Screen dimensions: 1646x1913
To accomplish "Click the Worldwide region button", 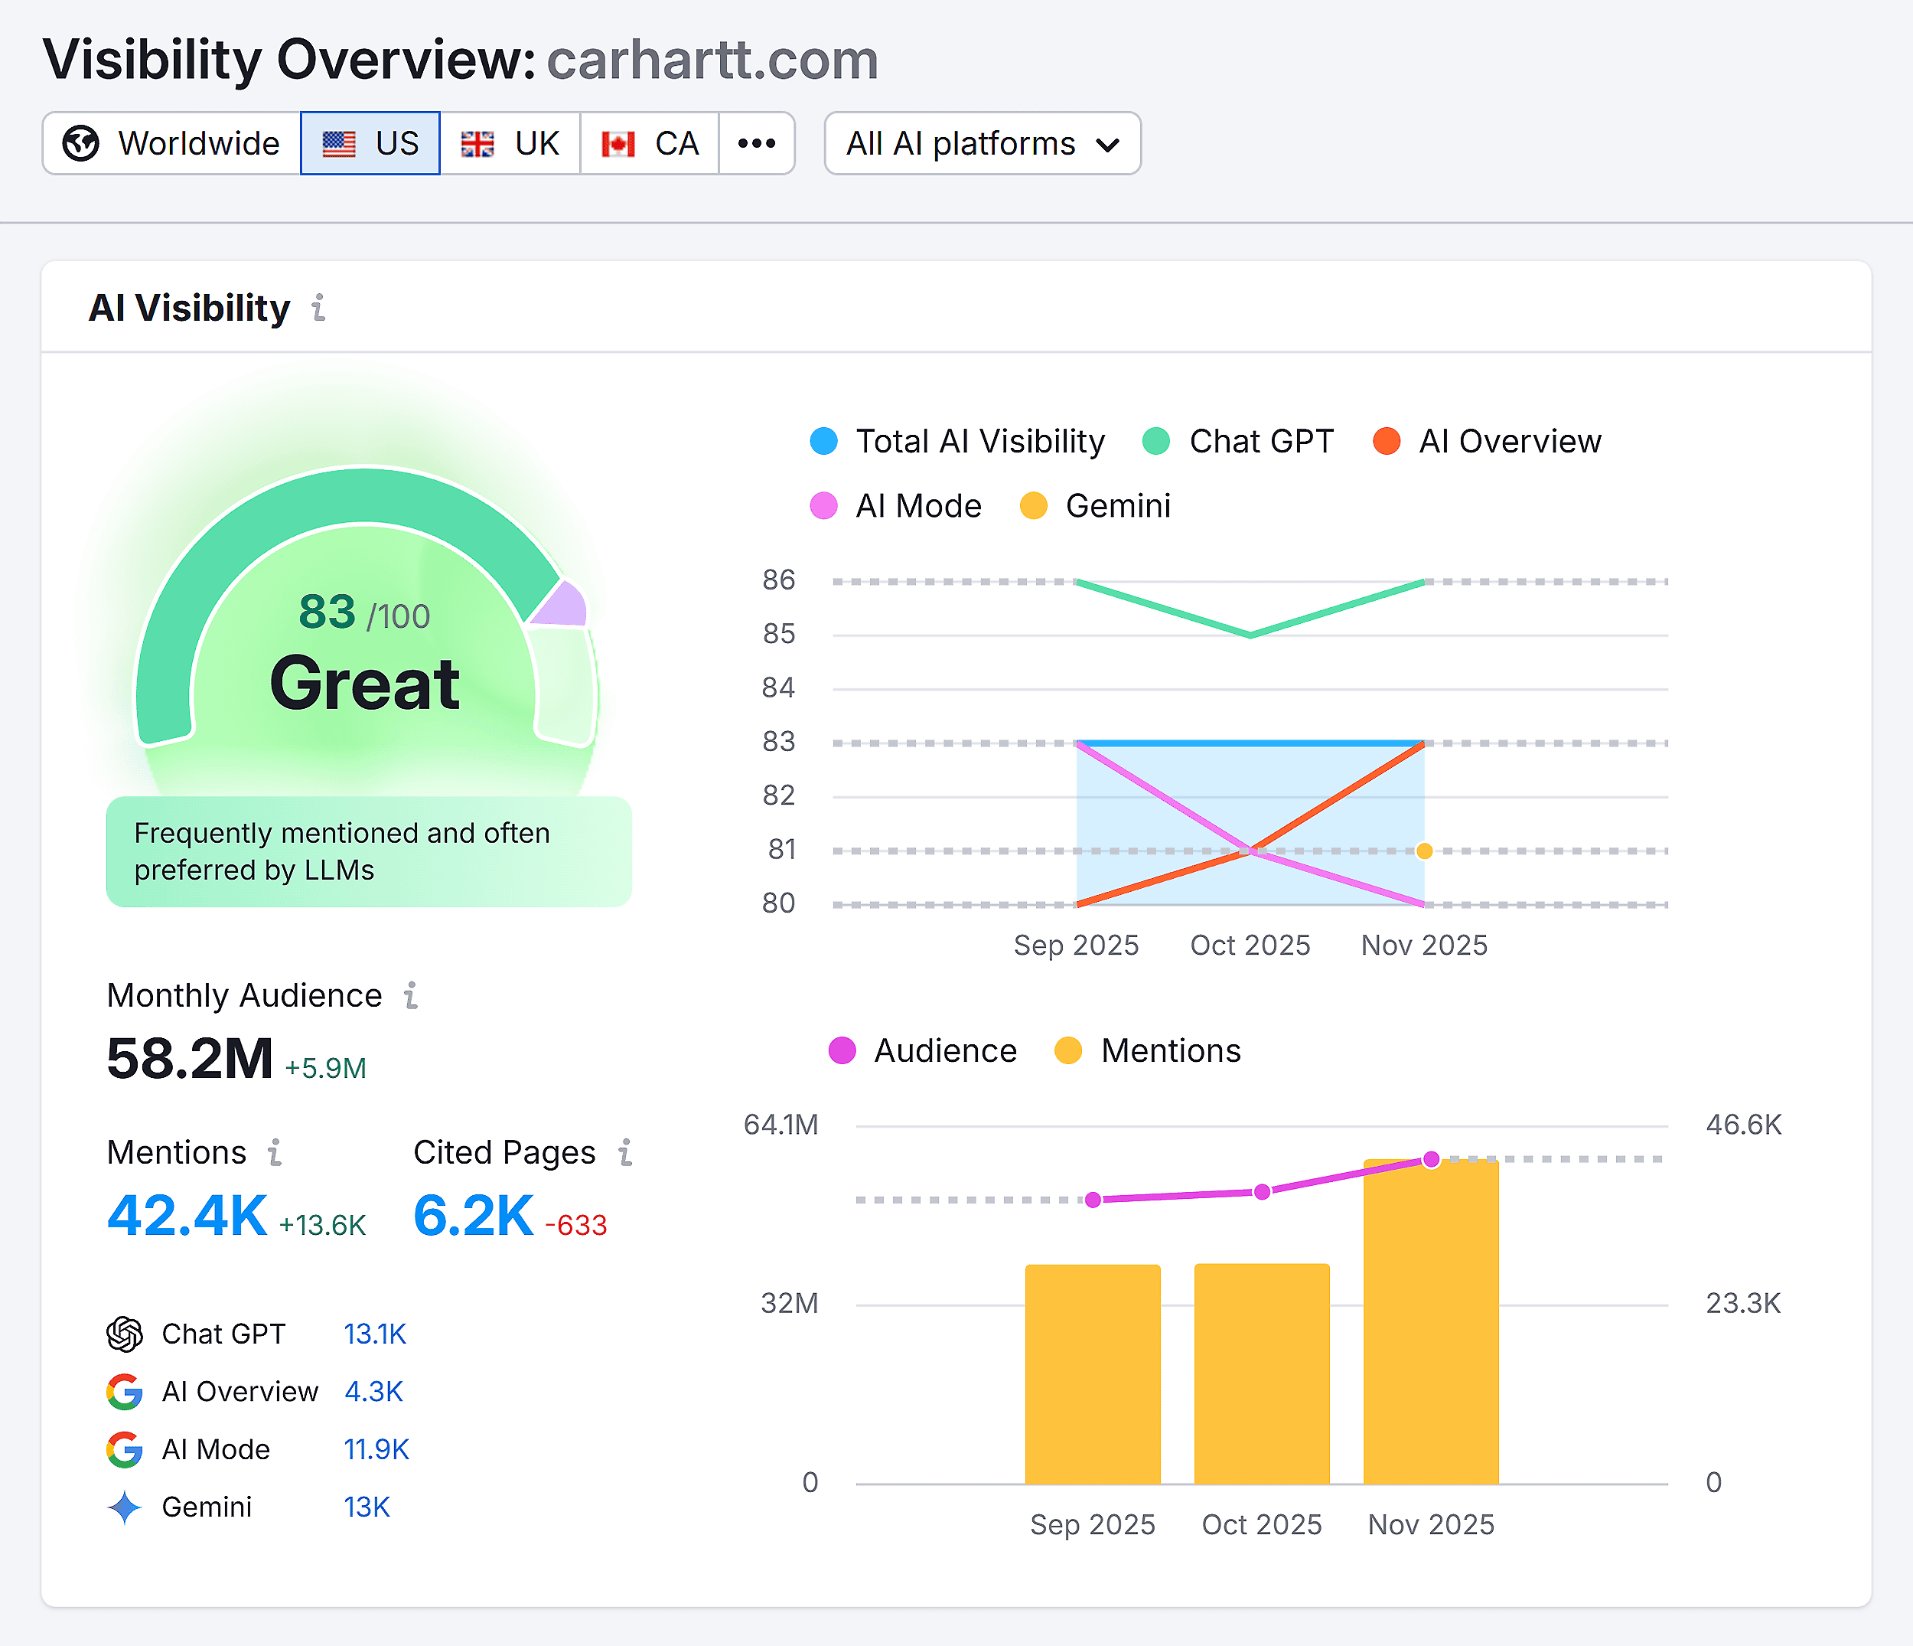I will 171,143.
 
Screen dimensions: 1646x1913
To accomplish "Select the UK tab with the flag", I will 510,143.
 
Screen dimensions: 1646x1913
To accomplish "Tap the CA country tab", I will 650,143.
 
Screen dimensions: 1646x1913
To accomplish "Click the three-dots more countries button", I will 756,143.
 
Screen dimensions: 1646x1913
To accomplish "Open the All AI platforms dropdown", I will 983,143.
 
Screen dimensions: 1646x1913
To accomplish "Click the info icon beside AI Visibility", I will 318,308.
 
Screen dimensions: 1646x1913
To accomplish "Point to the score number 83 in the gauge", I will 327,612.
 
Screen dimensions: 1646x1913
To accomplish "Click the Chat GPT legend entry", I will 1238,442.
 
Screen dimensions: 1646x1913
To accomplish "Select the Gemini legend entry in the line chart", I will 1096,506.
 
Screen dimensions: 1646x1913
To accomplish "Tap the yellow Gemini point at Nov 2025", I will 1425,851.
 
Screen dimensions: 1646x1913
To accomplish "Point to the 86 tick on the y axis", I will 778,580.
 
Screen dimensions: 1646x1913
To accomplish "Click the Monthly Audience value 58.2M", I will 189,1059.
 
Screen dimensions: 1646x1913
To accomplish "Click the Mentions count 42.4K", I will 187,1216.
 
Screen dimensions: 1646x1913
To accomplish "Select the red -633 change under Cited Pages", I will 576,1225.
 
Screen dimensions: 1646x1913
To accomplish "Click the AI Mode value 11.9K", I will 376,1449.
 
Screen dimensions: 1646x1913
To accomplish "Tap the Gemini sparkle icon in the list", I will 124,1507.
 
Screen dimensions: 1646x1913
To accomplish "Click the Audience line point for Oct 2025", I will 1262,1191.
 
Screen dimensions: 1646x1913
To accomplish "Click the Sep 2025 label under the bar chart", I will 1092,1524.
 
